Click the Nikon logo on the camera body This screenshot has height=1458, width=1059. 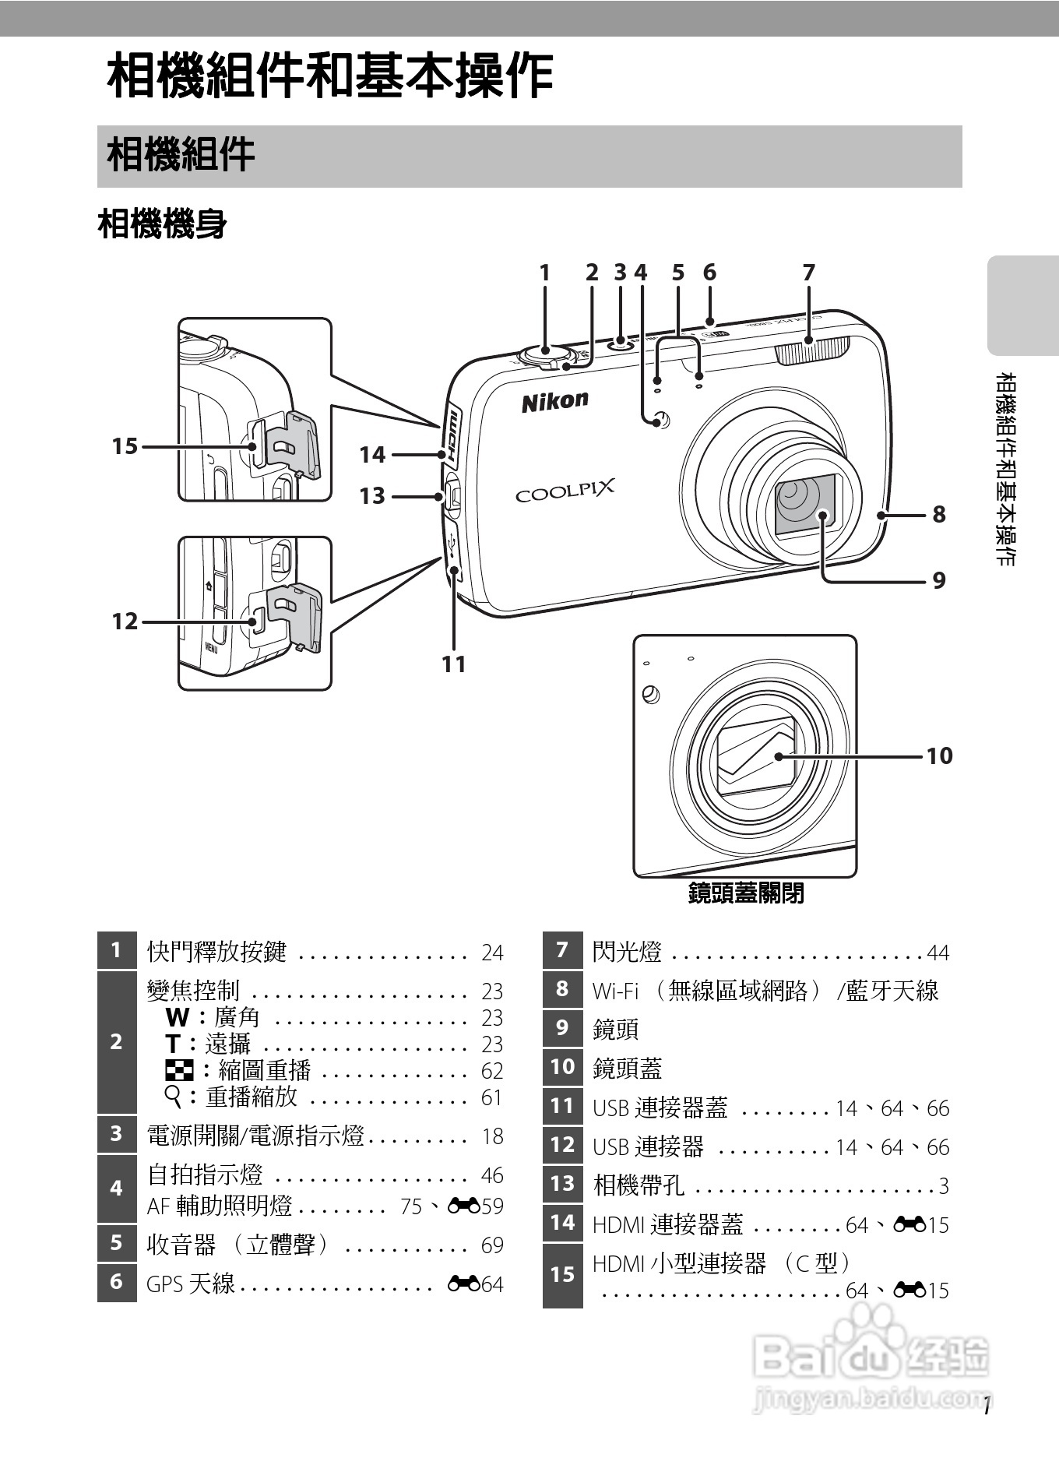click(x=554, y=401)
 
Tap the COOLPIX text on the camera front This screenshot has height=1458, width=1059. click(x=565, y=491)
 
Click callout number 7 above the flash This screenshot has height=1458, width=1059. click(x=808, y=273)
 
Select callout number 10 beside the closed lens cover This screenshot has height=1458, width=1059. click(x=939, y=755)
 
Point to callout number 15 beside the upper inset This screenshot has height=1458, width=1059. click(x=125, y=446)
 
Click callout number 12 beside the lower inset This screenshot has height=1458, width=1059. click(x=125, y=622)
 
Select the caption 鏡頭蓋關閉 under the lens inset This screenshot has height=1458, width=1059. click(x=745, y=893)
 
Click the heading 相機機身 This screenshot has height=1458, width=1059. click(x=162, y=225)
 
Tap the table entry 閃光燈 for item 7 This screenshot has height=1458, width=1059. click(x=627, y=952)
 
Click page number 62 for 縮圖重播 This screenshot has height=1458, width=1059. click(x=492, y=1071)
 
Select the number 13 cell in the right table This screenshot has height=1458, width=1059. click(x=562, y=1184)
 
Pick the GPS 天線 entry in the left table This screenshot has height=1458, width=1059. click(x=191, y=1283)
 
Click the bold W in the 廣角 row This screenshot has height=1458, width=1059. click(x=178, y=1018)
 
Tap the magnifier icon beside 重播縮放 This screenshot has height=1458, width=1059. click(x=174, y=1097)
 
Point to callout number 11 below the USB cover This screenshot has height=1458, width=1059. click(x=454, y=664)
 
